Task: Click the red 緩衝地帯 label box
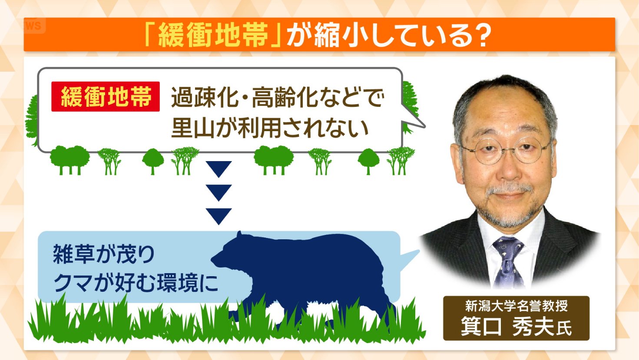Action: [106, 96]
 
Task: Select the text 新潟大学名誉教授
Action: [516, 306]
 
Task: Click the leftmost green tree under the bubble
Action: [70, 160]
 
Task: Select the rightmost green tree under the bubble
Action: [400, 160]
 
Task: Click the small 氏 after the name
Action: [564, 328]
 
